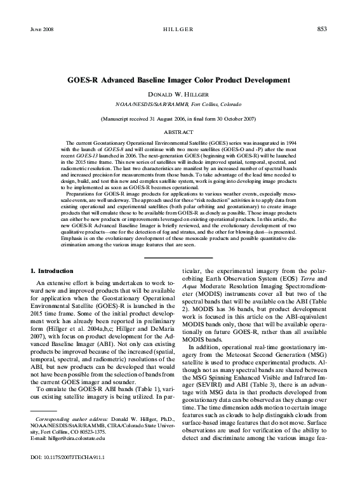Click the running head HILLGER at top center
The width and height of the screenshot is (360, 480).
(x=180, y=30)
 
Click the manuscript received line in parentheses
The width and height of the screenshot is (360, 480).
(x=180, y=119)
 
